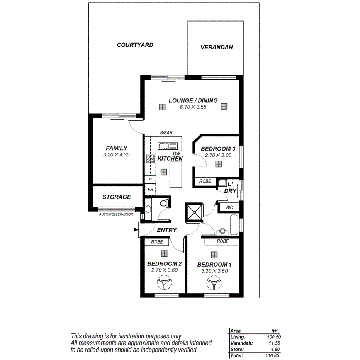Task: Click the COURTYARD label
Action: coord(135,45)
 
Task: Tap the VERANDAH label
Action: coord(216,48)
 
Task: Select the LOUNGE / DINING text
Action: coord(193,100)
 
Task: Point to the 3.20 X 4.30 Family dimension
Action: coord(116,155)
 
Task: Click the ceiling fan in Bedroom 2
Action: coord(165,284)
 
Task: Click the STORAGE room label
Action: coord(116,197)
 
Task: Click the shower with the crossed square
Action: coord(194,212)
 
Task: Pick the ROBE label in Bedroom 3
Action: coord(205,181)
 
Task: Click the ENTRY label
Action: coord(167,230)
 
